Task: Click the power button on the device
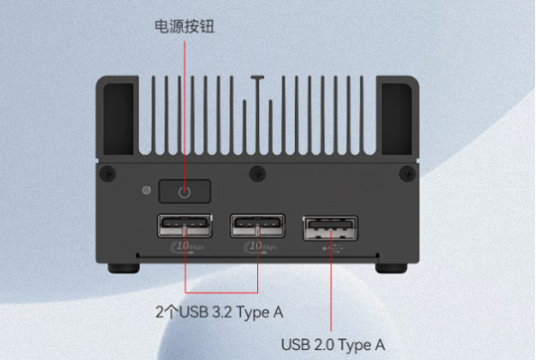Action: coord(185,191)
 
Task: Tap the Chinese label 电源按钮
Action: coord(184,26)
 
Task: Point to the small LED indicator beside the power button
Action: coord(146,190)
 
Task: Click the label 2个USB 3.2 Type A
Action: coord(218,313)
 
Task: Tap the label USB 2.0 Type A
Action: coord(333,344)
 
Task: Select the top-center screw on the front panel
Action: coord(253,171)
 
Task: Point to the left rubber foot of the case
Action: coord(123,268)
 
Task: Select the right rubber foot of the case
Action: coord(392,268)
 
